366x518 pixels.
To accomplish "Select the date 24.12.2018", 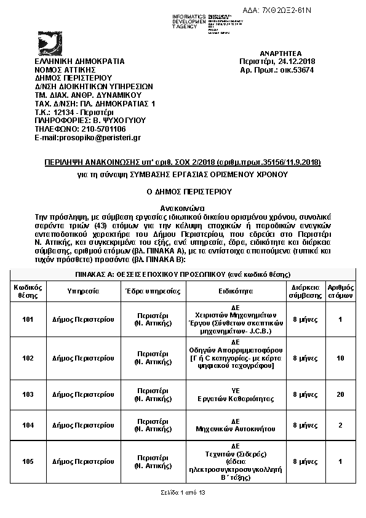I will [x=295, y=62].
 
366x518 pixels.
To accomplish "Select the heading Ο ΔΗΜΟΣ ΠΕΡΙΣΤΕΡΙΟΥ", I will [x=183, y=191].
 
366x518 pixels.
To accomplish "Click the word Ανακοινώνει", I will [x=183, y=208].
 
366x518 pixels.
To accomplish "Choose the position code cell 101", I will [x=28, y=319].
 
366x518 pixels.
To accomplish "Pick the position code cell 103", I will [x=28, y=394].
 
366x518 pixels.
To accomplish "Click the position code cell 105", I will [x=28, y=461].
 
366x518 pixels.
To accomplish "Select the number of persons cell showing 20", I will [x=340, y=394].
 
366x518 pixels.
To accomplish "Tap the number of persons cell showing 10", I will [x=340, y=358].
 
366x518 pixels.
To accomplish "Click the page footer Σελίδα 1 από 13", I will [x=183, y=493].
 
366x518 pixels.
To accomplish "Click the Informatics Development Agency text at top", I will [x=189, y=22].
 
